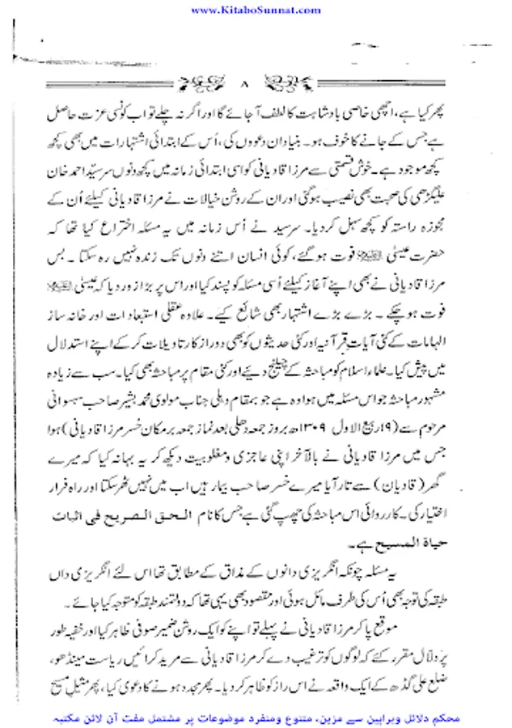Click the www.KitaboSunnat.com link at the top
coord(256,8)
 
